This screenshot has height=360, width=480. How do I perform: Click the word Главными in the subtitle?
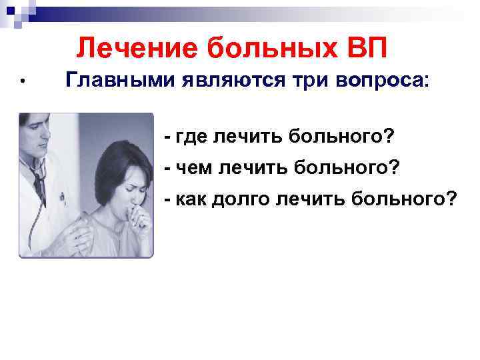point(121,80)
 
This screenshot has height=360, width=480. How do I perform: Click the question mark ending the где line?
point(389,137)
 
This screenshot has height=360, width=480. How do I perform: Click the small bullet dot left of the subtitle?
point(22,82)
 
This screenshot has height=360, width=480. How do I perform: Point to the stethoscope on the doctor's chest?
point(37,180)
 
